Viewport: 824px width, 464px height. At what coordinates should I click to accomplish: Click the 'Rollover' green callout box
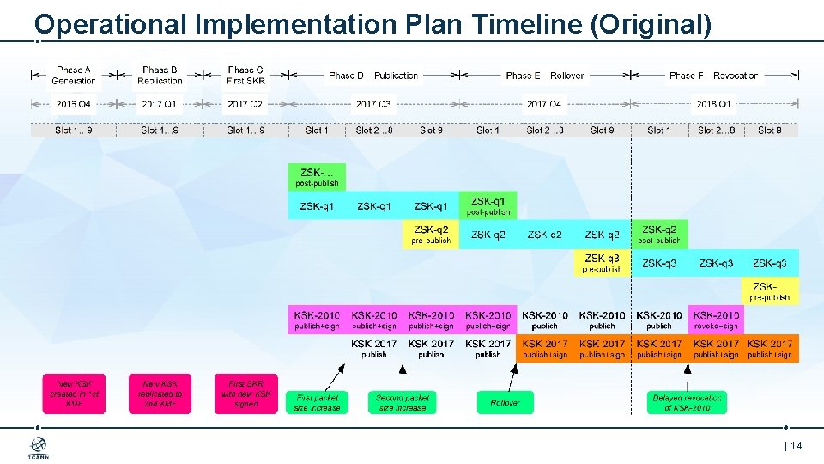pos(505,402)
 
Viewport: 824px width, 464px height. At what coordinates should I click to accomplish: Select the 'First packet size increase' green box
pos(317,402)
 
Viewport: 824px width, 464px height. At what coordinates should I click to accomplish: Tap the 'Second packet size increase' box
pos(403,402)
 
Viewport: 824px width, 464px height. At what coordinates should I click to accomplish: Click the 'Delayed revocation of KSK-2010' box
pos(688,402)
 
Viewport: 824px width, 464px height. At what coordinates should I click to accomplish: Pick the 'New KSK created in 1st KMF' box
pos(74,394)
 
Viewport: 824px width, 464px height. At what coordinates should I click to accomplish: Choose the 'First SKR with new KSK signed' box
pos(245,394)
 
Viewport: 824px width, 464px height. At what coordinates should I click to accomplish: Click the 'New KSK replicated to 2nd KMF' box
pos(161,394)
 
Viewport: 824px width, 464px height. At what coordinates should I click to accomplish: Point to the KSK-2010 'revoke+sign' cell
pos(716,321)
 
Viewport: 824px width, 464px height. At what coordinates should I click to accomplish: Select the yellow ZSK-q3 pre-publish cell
pos(602,263)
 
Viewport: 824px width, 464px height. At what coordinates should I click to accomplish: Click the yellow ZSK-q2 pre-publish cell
pos(431,235)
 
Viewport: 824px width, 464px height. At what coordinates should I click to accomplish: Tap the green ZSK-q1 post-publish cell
pos(488,205)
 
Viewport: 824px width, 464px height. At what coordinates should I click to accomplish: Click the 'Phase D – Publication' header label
pos(373,76)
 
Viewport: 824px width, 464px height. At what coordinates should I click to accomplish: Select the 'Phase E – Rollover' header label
pos(545,76)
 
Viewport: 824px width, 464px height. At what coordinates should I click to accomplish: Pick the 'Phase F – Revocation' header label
pos(714,76)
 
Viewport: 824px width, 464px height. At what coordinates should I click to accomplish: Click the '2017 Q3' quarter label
pos(373,104)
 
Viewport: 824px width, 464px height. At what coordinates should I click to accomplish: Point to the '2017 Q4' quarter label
pos(544,104)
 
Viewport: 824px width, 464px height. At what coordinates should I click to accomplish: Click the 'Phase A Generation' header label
pos(74,76)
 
